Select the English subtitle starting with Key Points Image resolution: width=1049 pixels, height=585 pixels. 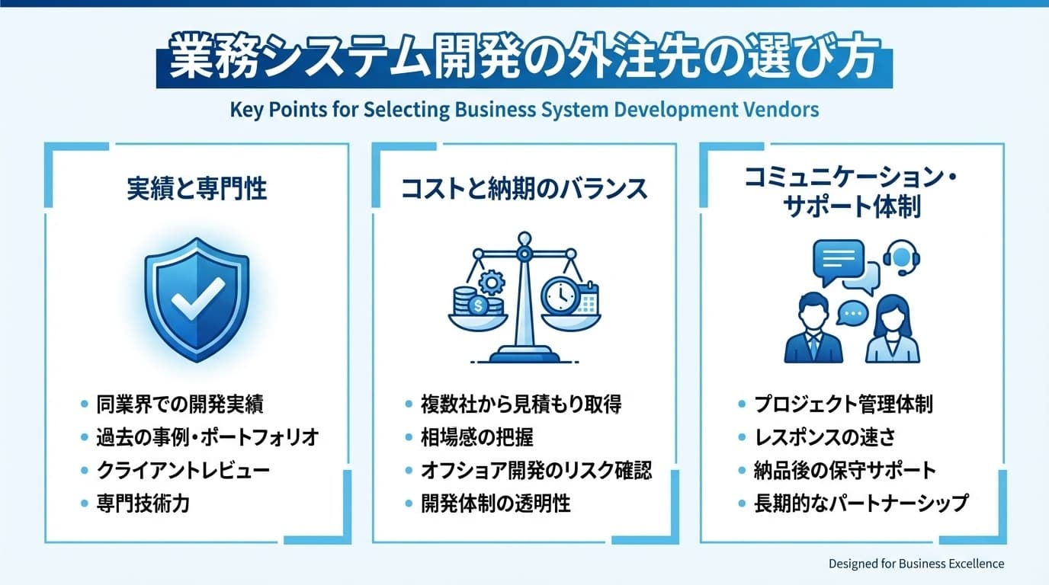[524, 110]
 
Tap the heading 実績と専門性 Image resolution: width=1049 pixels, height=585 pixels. [197, 188]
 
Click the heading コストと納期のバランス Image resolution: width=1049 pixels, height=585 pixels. [524, 188]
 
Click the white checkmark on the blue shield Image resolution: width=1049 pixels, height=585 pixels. [197, 298]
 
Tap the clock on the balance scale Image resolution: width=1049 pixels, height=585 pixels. [559, 295]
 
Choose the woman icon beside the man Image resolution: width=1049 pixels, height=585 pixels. [891, 331]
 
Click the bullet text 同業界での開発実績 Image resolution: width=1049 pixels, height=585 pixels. [180, 404]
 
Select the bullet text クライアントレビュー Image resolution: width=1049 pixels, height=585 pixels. [183, 470]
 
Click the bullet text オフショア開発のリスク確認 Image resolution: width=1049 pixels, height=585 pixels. [536, 470]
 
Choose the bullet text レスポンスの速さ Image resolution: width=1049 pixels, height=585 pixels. [824, 437]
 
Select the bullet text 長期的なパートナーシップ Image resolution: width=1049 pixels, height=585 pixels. [861, 503]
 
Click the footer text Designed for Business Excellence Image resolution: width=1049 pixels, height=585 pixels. [916, 564]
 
